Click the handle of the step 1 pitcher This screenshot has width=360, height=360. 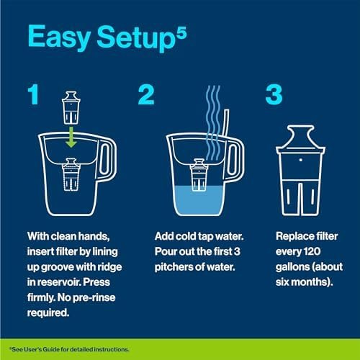tap(108, 161)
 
